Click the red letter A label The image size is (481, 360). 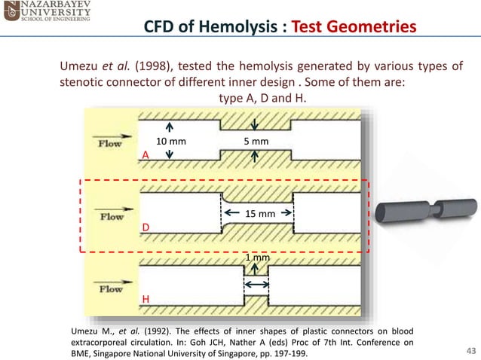(146, 154)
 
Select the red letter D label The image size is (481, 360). (146, 227)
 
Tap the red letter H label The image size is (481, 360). (146, 299)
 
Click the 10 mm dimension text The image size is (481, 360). (170, 141)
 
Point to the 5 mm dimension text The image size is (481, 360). (256, 141)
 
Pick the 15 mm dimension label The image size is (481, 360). (262, 214)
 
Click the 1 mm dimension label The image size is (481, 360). (258, 258)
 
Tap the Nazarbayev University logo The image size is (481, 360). (45, 13)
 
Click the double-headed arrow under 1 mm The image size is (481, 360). (257, 284)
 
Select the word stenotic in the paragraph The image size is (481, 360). (80, 83)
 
